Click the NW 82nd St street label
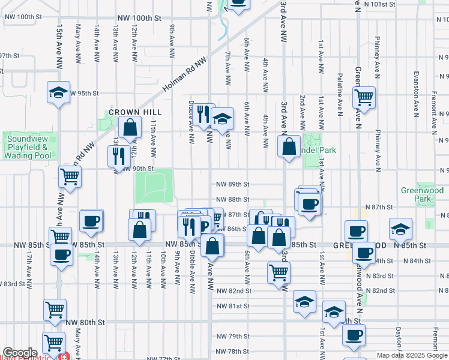coord(234,291)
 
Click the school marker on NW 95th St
coord(58,92)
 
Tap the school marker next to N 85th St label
coord(400,229)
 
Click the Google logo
coord(19,353)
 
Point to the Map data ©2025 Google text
coord(412,355)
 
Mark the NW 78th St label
coord(233,351)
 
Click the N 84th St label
coord(415,261)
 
